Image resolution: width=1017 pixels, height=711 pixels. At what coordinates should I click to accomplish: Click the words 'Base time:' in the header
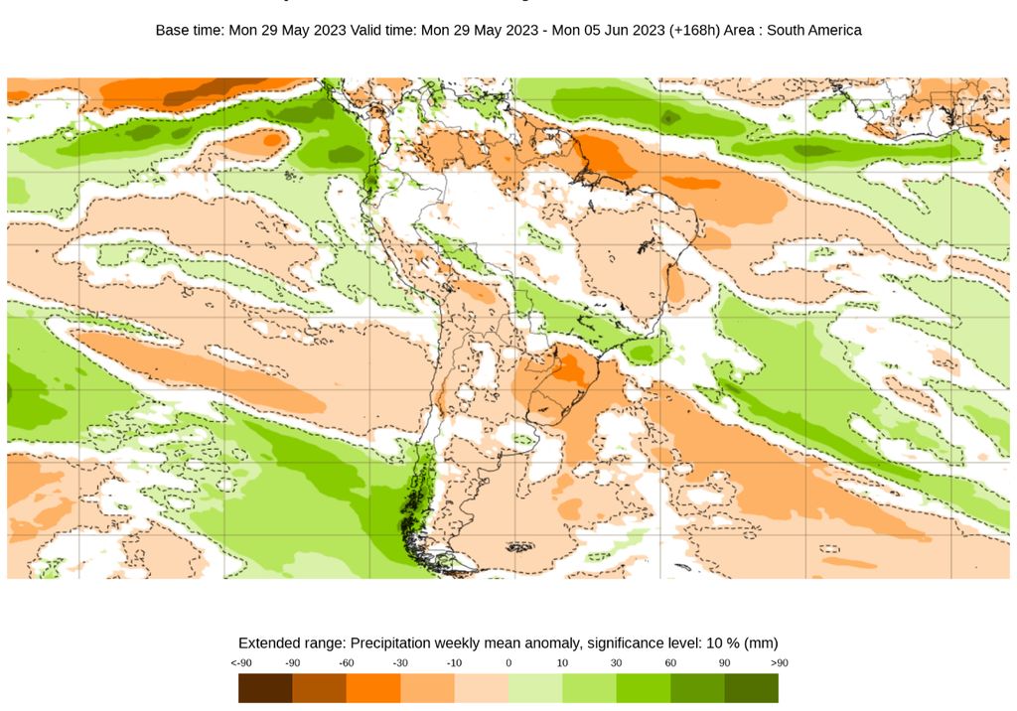(190, 31)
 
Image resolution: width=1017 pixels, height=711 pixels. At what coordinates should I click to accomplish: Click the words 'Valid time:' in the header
(384, 31)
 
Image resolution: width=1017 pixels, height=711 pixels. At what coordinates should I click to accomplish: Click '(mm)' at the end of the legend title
(760, 642)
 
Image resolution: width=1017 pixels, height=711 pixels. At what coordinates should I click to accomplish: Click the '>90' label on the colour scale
(779, 662)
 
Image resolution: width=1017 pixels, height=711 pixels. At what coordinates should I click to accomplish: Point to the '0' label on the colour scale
(508, 662)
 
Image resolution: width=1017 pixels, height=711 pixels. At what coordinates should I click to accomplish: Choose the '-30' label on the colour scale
(400, 662)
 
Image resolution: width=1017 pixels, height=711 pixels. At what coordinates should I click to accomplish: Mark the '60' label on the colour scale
(670, 662)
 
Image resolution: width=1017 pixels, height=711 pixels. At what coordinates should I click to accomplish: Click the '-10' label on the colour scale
(454, 662)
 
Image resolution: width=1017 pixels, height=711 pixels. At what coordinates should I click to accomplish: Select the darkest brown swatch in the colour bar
(265, 688)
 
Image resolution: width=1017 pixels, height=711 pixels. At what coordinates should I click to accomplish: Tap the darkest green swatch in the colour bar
(752, 688)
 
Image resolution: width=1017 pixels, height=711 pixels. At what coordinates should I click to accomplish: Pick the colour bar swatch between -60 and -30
(373, 688)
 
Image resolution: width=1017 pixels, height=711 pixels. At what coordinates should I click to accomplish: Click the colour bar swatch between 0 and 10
(535, 688)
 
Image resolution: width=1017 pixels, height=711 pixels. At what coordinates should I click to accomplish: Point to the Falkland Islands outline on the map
(520, 546)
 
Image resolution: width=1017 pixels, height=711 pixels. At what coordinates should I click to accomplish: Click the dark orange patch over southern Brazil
(571, 369)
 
